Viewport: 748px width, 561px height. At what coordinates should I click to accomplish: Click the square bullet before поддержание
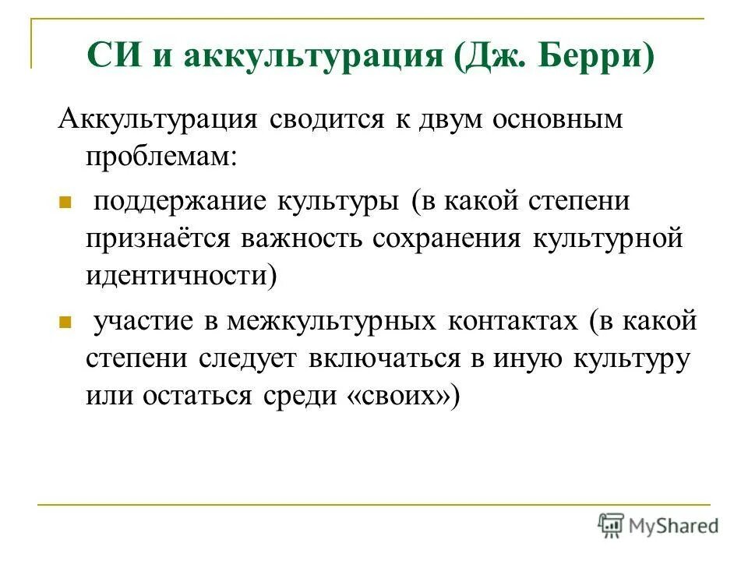(65, 202)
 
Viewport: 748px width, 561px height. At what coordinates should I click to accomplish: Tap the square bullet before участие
(65, 322)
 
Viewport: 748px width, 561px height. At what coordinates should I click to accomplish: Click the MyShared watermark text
(673, 525)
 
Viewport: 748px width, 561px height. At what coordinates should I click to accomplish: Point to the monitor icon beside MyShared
(612, 525)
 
